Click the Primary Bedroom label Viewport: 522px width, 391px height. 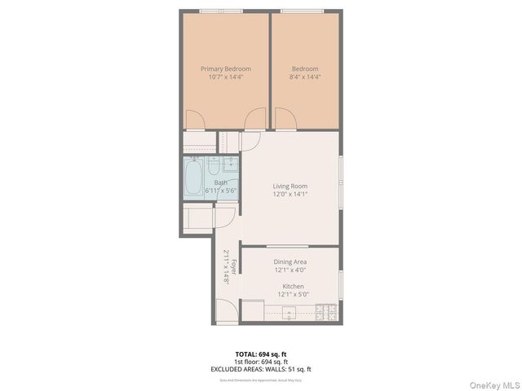[225, 68]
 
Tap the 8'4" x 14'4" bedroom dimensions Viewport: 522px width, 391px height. [304, 77]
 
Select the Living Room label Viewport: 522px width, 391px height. [290, 186]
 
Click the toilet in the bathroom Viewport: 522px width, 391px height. [214, 166]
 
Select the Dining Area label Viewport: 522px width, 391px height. [290, 261]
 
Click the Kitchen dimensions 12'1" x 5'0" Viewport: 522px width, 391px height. [293, 296]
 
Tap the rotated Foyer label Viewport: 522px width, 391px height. [234, 266]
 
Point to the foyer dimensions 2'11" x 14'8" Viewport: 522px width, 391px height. [226, 266]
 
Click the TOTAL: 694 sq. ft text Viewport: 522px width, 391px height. [261, 354]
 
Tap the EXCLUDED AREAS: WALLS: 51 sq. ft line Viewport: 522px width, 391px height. [261, 369]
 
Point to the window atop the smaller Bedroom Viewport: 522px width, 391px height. [304, 11]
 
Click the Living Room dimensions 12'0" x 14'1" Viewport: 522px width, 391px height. [290, 195]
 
